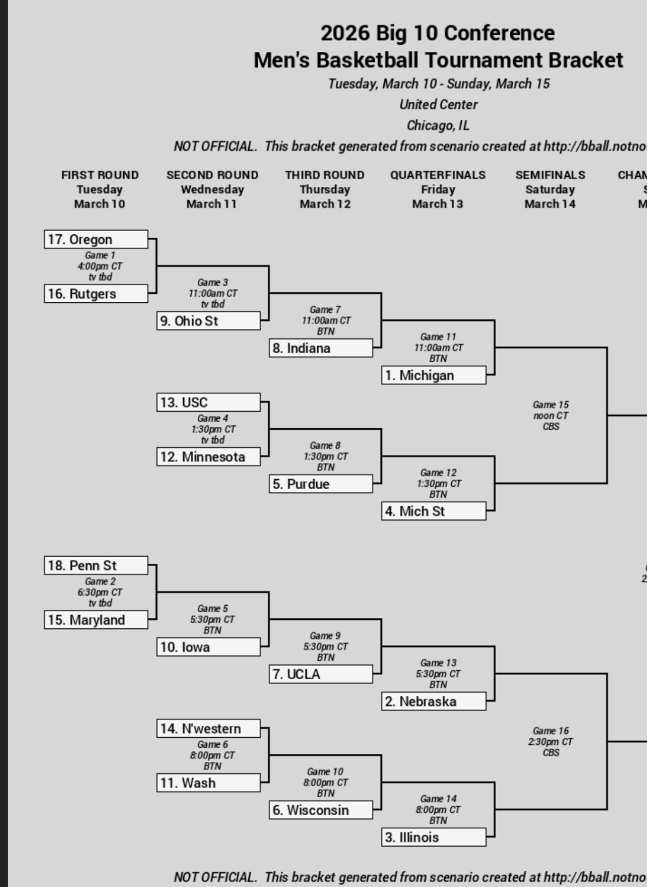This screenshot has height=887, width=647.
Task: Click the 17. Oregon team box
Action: [96, 239]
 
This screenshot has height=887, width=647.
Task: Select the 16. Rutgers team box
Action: [96, 293]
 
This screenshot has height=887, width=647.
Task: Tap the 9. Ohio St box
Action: [208, 321]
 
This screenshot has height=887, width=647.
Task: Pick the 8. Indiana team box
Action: [321, 348]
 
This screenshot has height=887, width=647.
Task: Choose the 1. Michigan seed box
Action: [434, 375]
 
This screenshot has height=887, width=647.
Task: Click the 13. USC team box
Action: [208, 402]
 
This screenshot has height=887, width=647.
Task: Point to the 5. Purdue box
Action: [321, 484]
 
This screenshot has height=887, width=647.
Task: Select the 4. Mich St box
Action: [434, 511]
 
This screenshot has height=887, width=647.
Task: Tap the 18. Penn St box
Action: [96, 565]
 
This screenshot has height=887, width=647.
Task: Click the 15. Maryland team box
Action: [96, 620]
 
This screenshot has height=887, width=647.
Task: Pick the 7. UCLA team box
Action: [321, 674]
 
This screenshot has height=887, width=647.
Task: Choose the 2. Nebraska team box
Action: [434, 701]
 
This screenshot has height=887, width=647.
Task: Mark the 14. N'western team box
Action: [208, 728]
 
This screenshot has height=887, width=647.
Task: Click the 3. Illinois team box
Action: [434, 837]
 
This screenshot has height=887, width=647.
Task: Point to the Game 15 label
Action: [551, 405]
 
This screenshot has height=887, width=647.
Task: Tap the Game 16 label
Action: [551, 731]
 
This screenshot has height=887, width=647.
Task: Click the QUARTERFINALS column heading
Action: [438, 175]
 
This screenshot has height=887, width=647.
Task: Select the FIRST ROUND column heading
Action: [100, 175]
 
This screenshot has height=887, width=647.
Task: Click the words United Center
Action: [439, 104]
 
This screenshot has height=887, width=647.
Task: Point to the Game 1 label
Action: [100, 255]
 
